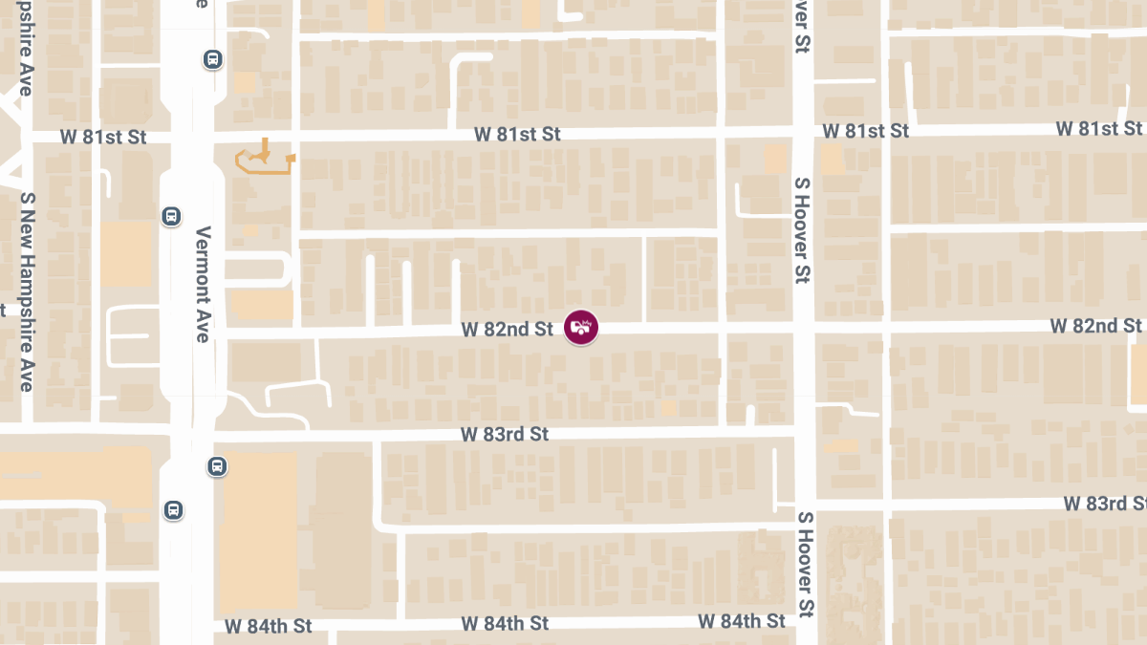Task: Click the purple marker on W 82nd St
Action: [581, 328]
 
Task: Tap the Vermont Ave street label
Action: [202, 284]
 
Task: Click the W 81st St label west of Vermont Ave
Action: [103, 137]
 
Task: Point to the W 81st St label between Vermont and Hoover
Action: [517, 134]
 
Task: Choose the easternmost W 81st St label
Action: [1099, 128]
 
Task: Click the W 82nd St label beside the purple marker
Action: [507, 329]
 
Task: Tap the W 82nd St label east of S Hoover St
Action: [1095, 326]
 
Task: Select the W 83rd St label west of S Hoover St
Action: [505, 434]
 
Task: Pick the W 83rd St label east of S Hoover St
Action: [1105, 503]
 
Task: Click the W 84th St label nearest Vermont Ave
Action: [269, 627]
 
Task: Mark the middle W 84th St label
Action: [505, 623]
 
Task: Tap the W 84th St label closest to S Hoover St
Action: [742, 620]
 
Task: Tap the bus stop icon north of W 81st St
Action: [212, 59]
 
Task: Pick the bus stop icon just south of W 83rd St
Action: [217, 467]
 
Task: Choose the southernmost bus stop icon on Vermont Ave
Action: [173, 509]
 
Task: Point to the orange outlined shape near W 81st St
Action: [264, 160]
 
